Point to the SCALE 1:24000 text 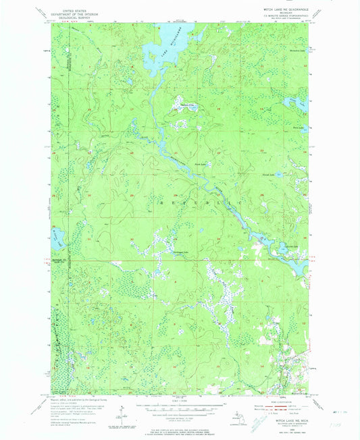click(177, 400)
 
